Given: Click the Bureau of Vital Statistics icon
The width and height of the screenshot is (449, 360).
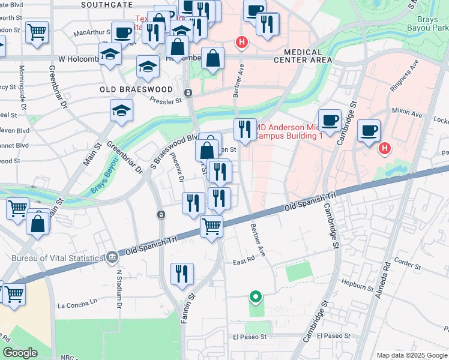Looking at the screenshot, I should pos(112,258).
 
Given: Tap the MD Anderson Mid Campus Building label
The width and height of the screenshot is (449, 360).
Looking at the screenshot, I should pos(290,131).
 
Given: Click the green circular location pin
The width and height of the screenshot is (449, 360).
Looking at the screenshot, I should pos(255,296).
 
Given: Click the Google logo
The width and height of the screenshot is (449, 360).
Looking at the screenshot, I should pos(20,352).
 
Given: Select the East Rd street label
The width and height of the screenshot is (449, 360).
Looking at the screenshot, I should pos(244,262).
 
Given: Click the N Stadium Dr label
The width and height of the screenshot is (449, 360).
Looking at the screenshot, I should pos(119,289).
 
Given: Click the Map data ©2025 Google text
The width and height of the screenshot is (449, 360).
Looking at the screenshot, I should pos(411,355).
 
